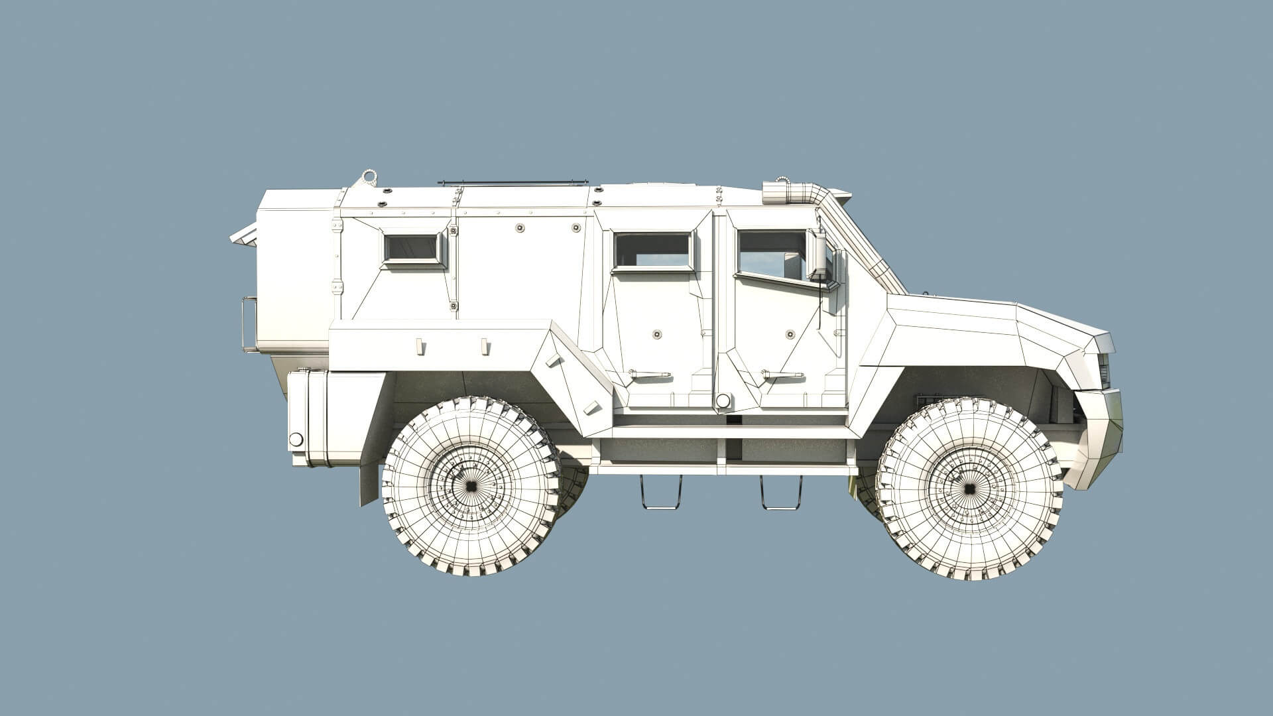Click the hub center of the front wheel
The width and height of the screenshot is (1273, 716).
coord(969,489)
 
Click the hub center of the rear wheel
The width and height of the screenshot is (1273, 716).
coord(471,486)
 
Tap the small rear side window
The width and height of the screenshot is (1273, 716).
coord(412,248)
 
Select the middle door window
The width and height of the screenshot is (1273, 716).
coord(652,251)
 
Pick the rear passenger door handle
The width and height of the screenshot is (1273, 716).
coord(649,375)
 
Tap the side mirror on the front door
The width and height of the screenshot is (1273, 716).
coord(820,256)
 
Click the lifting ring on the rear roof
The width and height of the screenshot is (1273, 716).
coord(369,177)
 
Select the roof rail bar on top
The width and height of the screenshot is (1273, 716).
coord(512,182)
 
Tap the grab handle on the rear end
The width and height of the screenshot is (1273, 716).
coord(249,324)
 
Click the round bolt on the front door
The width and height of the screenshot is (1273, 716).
coord(790,334)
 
